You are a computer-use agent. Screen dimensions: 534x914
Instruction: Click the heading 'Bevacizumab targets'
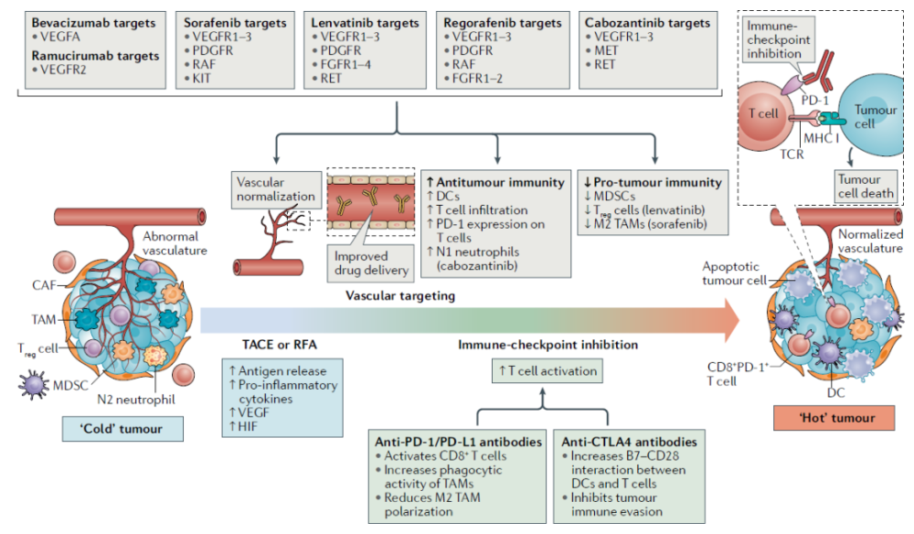click(x=88, y=21)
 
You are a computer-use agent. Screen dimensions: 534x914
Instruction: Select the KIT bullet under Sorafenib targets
click(x=200, y=80)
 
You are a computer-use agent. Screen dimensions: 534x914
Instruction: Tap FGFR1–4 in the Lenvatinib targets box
click(x=346, y=65)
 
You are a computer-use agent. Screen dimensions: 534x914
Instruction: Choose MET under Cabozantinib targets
click(x=606, y=50)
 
